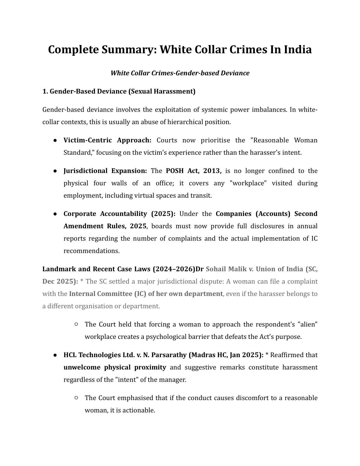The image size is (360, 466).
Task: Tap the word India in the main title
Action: [x=297, y=49]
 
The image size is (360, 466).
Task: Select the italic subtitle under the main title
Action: [x=180, y=73]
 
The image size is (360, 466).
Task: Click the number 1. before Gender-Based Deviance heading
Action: [x=45, y=91]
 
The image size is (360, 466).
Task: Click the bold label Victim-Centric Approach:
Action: [x=107, y=140]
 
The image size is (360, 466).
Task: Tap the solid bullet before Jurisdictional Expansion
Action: [x=55, y=171]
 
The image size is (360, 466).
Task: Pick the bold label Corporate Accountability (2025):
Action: [x=119, y=214]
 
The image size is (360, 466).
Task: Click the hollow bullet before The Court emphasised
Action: [x=76, y=398]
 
